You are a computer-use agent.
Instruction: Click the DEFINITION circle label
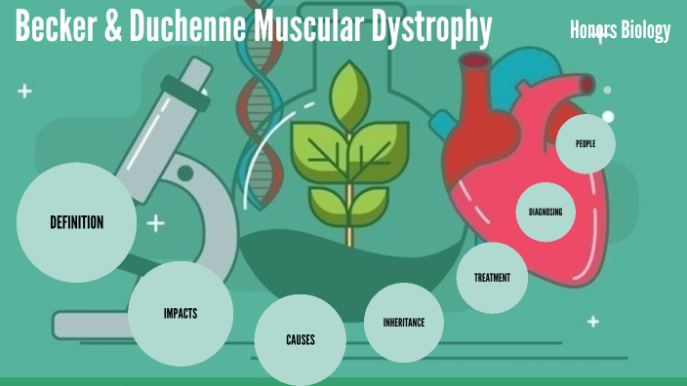(x=76, y=223)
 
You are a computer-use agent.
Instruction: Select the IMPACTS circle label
(x=181, y=313)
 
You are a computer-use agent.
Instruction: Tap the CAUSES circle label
(x=301, y=340)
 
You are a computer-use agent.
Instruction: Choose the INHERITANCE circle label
(x=404, y=322)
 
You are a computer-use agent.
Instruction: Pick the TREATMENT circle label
(x=492, y=278)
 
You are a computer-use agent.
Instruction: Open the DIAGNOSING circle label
(x=546, y=212)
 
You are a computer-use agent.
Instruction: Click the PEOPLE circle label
(x=586, y=144)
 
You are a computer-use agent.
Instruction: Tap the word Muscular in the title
(x=307, y=30)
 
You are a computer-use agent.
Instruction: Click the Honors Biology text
(x=621, y=31)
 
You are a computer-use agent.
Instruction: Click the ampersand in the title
(x=112, y=30)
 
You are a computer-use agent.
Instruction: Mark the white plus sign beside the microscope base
(x=154, y=224)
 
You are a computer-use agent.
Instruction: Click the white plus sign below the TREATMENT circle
(x=592, y=322)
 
